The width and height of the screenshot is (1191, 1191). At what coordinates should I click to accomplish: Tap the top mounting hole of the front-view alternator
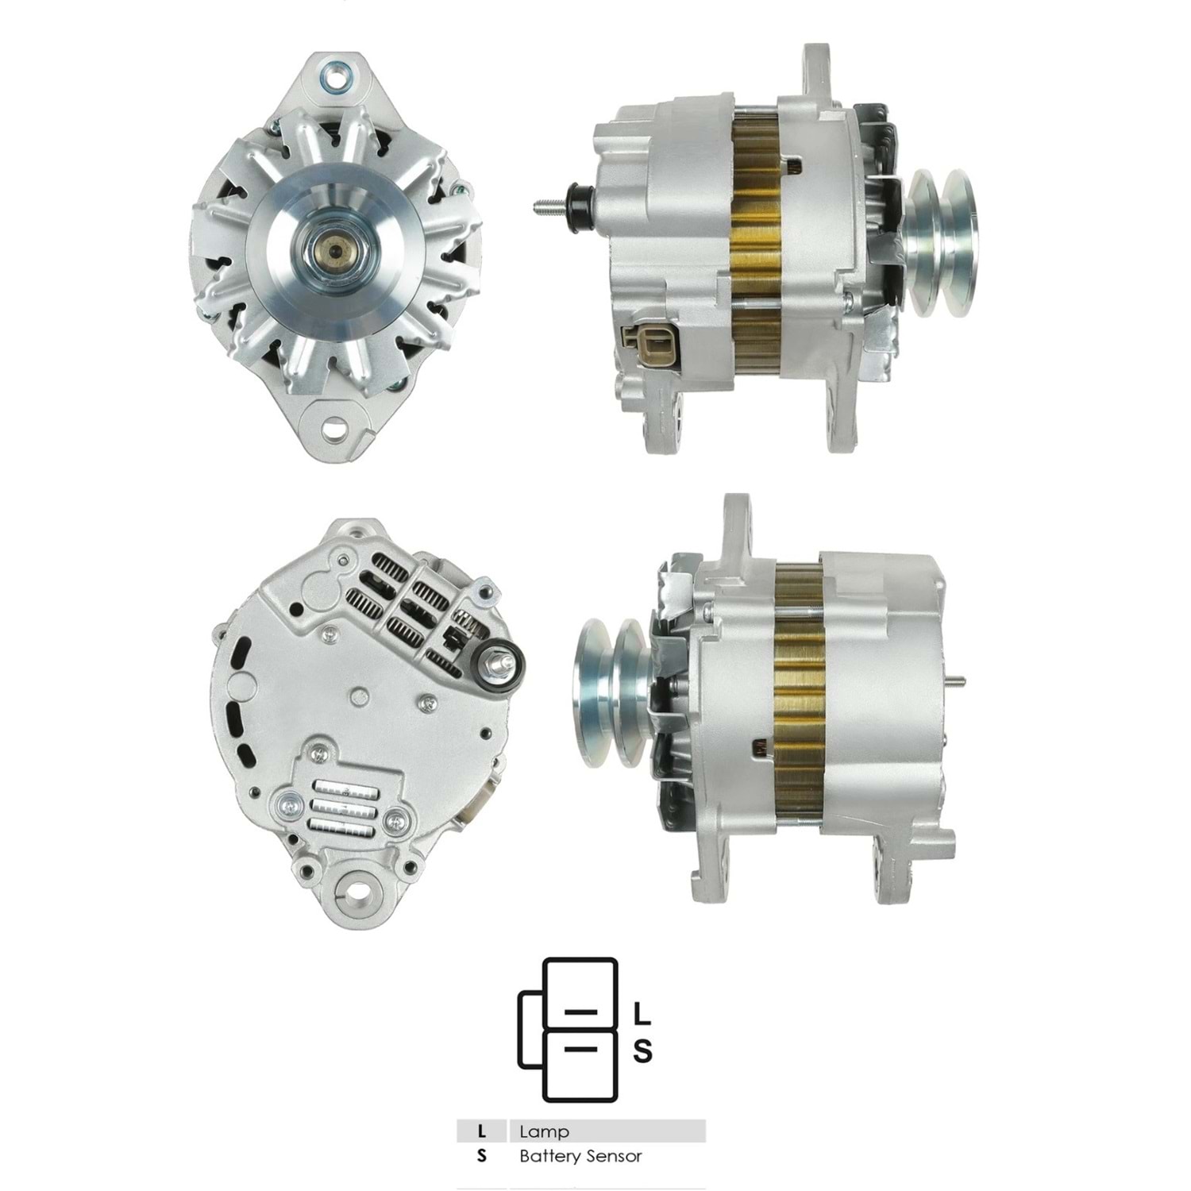point(333,79)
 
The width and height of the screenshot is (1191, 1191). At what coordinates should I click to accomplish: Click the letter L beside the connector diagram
point(642,1014)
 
